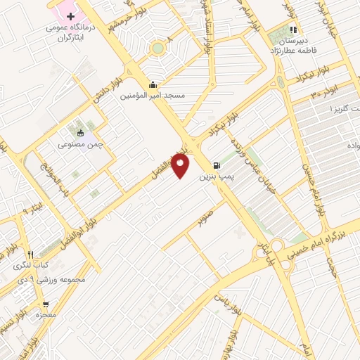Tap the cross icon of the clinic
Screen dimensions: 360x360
(x=70, y=15)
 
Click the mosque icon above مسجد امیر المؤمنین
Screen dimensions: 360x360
(x=153, y=84)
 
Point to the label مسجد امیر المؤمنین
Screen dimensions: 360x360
(x=153, y=95)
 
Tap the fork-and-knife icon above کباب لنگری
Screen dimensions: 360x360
(x=30, y=255)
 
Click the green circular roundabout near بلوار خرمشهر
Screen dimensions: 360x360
(x=158, y=48)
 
